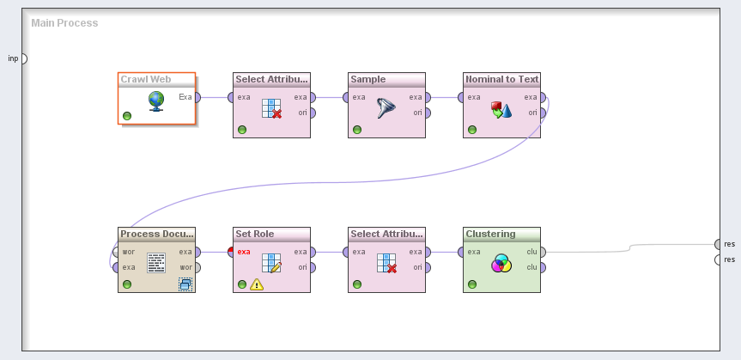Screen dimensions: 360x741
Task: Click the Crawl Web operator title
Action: point(146,79)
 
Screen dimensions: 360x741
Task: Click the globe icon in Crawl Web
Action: point(156,101)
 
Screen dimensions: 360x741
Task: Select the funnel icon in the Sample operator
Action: point(386,107)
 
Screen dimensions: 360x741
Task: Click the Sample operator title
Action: point(368,79)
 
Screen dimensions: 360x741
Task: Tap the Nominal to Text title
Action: point(501,79)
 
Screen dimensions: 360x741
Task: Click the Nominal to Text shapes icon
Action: point(501,108)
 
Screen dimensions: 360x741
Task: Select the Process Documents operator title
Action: point(156,234)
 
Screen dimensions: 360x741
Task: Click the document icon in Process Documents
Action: point(155,262)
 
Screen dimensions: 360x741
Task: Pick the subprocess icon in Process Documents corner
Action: point(185,284)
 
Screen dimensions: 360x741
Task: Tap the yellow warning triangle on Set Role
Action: point(257,284)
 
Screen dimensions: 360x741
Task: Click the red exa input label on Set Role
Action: point(245,252)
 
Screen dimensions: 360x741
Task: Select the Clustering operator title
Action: point(490,234)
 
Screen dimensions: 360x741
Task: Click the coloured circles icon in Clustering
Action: point(501,263)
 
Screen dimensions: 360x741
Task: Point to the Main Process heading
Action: point(64,23)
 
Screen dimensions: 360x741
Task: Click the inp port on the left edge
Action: point(23,58)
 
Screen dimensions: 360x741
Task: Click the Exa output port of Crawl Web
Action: point(197,97)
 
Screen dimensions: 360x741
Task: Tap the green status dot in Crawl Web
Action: point(127,115)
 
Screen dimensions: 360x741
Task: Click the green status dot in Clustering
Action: point(472,284)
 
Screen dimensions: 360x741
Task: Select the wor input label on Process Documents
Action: point(129,252)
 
